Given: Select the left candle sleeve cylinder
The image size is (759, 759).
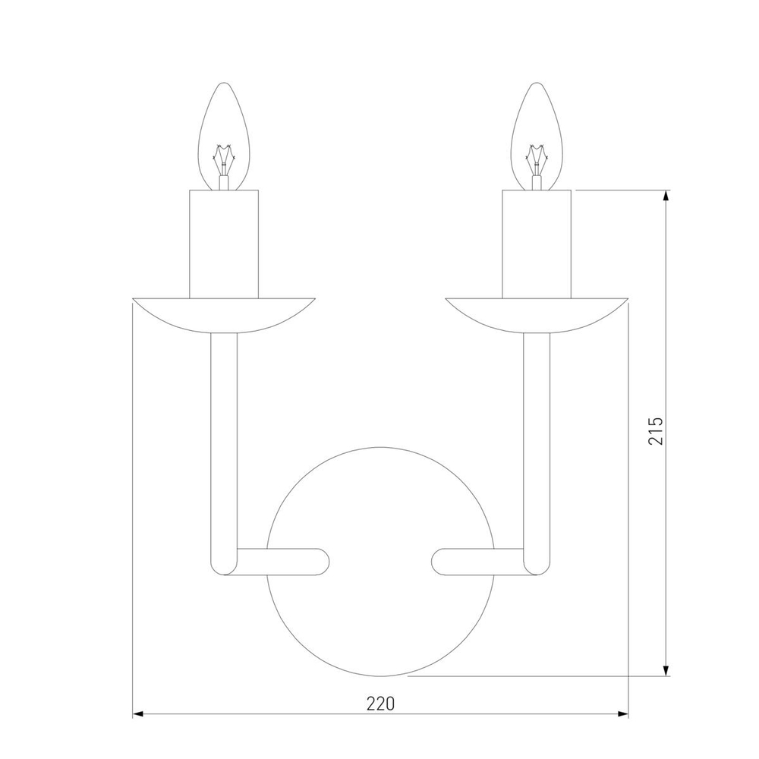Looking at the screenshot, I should tap(224, 243).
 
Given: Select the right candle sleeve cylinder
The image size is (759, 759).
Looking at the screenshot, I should tap(537, 243).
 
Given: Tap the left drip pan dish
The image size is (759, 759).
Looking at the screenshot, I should tap(224, 313).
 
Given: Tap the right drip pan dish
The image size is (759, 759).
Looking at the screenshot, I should tap(537, 313).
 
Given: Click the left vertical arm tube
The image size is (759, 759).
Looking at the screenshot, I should tap(224, 440).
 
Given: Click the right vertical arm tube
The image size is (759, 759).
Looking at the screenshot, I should tap(537, 440).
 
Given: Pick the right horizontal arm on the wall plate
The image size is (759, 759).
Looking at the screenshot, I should tap(478, 561).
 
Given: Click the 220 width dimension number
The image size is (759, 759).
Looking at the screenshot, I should tap(380, 704).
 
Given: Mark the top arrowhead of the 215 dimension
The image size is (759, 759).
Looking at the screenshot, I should tap(666, 196).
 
